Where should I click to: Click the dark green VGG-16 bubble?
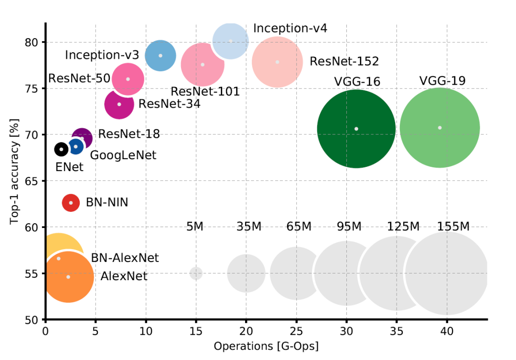click(x=356, y=129)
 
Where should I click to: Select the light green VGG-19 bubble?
click(x=440, y=128)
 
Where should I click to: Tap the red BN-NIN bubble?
click(x=71, y=203)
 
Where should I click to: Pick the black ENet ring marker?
click(x=61, y=150)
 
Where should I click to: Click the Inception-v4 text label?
click(x=290, y=28)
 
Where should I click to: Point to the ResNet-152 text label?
click(x=344, y=62)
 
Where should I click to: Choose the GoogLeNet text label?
click(x=123, y=155)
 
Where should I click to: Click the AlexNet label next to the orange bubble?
click(x=124, y=276)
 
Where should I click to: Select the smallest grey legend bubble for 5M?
click(x=196, y=273)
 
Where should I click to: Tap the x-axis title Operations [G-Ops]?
click(x=266, y=346)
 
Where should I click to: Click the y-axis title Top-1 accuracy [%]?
click(x=14, y=171)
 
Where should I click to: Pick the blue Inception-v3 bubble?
click(x=161, y=55)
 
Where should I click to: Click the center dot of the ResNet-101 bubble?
click(x=203, y=65)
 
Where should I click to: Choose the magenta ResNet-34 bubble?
click(x=119, y=104)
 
